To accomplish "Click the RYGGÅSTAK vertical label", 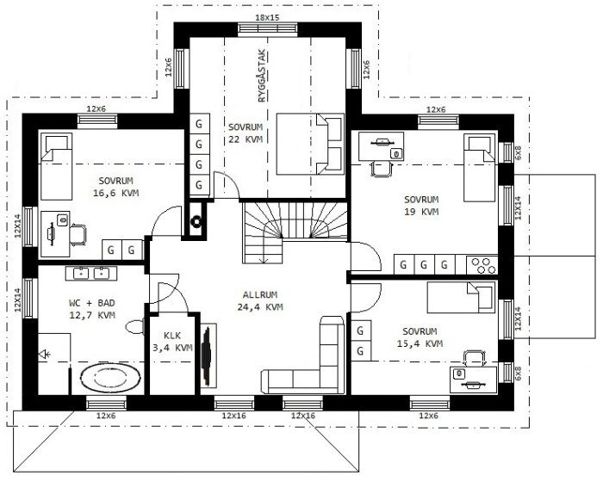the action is [x=262, y=76].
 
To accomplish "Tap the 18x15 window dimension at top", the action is [x=267, y=18].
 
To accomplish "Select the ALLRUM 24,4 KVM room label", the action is [x=260, y=301].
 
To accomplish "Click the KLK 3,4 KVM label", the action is [x=172, y=342].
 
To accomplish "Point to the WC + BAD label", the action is [x=92, y=303].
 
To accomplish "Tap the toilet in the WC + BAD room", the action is [x=135, y=327].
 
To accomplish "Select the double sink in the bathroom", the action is [x=91, y=274].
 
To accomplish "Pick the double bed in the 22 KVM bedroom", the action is [x=310, y=144].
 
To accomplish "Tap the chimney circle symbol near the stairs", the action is [x=197, y=222].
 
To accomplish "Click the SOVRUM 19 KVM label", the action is [x=421, y=206].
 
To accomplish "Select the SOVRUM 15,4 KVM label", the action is [x=420, y=337].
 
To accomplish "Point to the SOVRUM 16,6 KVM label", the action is [x=115, y=187].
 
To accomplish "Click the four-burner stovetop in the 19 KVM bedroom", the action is [x=482, y=265].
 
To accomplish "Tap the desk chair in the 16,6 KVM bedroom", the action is [x=78, y=235].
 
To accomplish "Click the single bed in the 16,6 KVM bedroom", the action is [x=57, y=166].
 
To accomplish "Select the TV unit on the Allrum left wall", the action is [x=208, y=355].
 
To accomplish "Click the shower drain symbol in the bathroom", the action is [x=45, y=354].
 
